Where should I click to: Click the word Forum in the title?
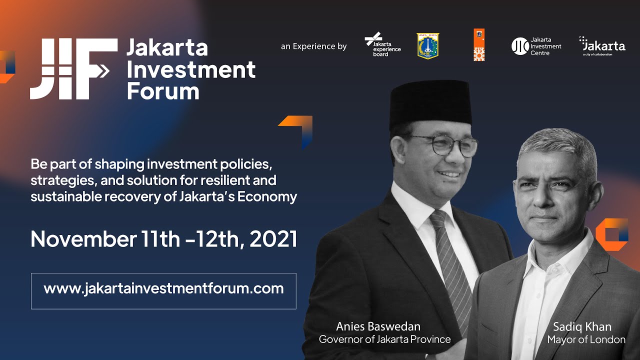tap(162, 91)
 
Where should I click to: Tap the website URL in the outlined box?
tap(163, 288)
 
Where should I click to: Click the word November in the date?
tap(80, 239)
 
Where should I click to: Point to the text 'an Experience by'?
tap(313, 46)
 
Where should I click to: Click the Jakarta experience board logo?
tap(382, 45)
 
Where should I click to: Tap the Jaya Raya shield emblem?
tap(427, 45)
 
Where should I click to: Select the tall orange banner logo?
tap(479, 45)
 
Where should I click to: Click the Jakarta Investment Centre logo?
tap(536, 46)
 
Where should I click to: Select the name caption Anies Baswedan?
tap(378, 326)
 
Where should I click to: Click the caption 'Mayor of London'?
tap(586, 340)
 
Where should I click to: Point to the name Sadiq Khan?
tap(582, 327)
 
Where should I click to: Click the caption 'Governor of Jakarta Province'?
tap(384, 339)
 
